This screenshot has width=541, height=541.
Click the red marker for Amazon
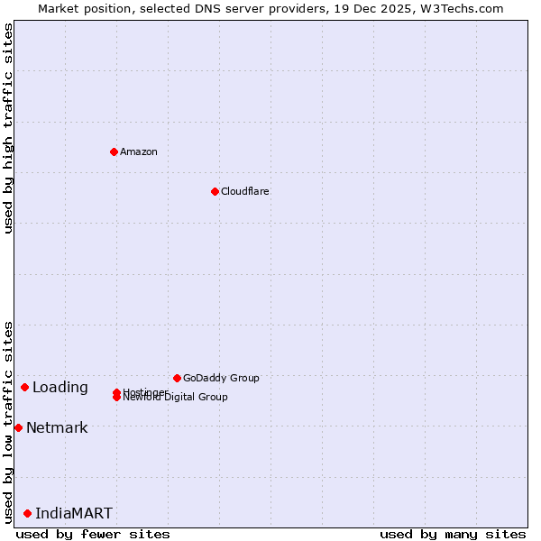pyautogui.click(x=114, y=151)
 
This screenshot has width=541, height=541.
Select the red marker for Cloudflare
pyautogui.click(x=215, y=191)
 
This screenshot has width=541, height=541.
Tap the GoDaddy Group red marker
pyautogui.click(x=177, y=378)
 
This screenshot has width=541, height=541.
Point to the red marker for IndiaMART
pyautogui.click(x=27, y=513)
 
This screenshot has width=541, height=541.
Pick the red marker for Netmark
pyautogui.click(x=18, y=427)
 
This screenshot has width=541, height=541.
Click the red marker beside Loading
pyautogui.click(x=24, y=387)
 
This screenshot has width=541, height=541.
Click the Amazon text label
pyautogui.click(x=139, y=151)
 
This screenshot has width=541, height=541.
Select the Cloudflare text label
pyautogui.click(x=245, y=191)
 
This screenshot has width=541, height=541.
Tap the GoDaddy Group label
pyautogui.click(x=221, y=378)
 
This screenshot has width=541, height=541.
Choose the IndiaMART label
pyautogui.click(x=74, y=513)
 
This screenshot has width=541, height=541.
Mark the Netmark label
pyautogui.click(x=57, y=427)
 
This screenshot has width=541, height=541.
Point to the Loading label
pyautogui.click(x=60, y=388)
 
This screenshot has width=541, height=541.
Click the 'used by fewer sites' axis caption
pyautogui.click(x=93, y=534)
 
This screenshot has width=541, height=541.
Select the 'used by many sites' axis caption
pyautogui.click(x=453, y=534)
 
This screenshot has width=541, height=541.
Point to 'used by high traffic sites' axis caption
pyautogui.click(x=8, y=128)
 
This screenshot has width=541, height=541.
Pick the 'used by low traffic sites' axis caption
pyautogui.click(x=8, y=421)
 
